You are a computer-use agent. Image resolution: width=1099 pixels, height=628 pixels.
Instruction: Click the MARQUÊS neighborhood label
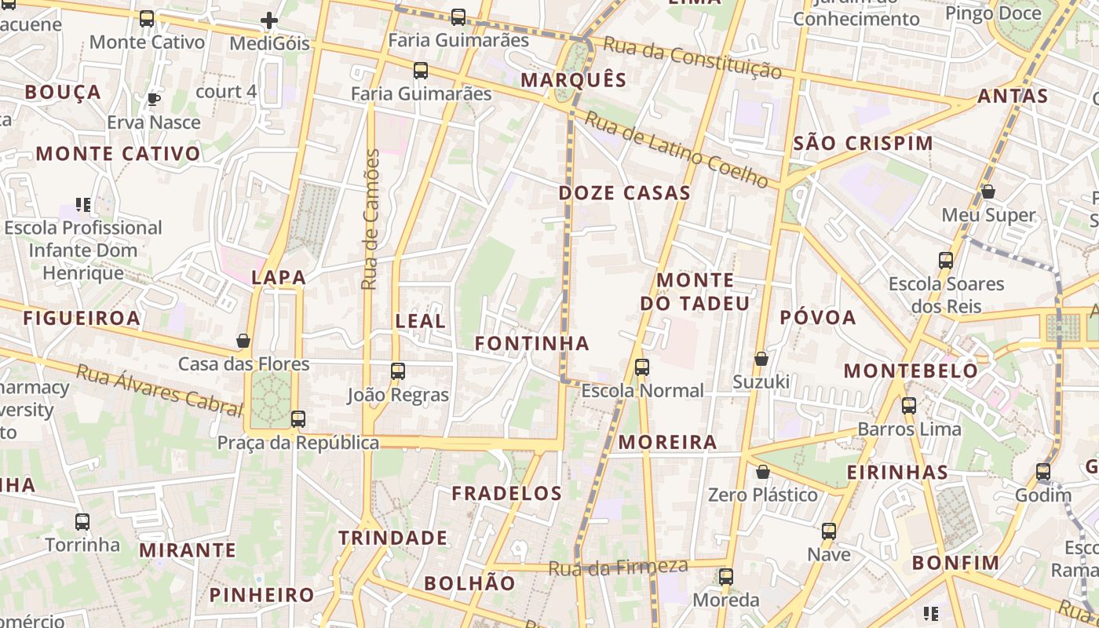coord(574,80)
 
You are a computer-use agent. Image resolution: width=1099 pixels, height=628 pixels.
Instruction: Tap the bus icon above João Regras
coord(398,371)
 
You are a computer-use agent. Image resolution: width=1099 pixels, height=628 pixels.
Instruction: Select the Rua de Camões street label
coord(371,219)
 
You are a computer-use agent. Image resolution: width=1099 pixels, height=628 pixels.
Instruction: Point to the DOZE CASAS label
coord(625,193)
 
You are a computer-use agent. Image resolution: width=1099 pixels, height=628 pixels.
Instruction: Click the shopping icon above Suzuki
coord(761,359)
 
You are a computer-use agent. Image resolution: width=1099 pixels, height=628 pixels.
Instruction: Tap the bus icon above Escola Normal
coord(642,367)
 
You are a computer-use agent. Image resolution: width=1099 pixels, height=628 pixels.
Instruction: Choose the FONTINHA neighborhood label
coord(532,343)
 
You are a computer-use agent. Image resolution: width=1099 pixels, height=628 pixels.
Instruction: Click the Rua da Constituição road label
coord(692,58)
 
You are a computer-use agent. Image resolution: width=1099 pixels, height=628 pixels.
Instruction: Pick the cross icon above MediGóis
coord(269,20)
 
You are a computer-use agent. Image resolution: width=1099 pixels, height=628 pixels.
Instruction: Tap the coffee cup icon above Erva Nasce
coord(154,99)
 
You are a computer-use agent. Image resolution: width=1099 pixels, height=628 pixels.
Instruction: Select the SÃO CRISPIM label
coord(863,144)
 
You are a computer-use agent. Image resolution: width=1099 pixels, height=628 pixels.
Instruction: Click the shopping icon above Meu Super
coord(988,192)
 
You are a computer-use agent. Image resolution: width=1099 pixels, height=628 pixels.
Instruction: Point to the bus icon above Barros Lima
coord(909,406)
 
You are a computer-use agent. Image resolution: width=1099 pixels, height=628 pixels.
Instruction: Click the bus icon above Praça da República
coord(298,419)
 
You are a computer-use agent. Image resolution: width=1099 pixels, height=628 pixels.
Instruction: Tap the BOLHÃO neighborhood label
coord(469,583)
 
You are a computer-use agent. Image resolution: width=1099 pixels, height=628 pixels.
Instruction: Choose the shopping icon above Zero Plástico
coord(762,472)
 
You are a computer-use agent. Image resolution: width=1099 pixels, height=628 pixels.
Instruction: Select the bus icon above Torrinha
coord(82,521)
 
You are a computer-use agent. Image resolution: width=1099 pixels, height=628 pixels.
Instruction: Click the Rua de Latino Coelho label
coord(676,149)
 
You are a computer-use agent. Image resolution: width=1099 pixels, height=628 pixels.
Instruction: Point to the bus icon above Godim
coord(1042,472)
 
